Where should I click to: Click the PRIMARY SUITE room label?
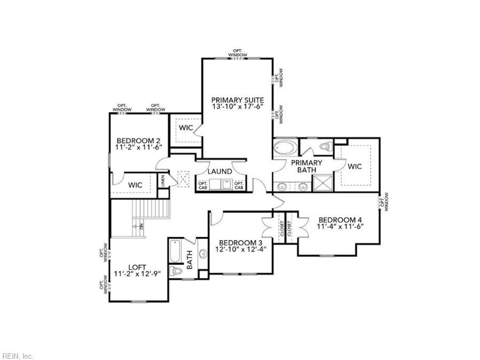[x=237, y=100]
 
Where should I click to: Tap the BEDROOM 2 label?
[x=138, y=141]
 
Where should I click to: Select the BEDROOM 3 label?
[x=240, y=242]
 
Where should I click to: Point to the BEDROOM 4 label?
[x=340, y=219]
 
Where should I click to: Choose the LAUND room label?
[x=220, y=172]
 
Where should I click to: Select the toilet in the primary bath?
[x=324, y=147]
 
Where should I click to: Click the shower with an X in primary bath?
[x=322, y=182]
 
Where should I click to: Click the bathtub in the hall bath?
[x=174, y=251]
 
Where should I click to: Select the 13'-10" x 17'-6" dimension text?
[x=237, y=107]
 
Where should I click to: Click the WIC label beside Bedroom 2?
[x=135, y=185]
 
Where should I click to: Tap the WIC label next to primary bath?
[x=355, y=166]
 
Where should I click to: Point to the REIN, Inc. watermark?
[x=17, y=356]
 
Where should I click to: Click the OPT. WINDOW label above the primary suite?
[x=238, y=53]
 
